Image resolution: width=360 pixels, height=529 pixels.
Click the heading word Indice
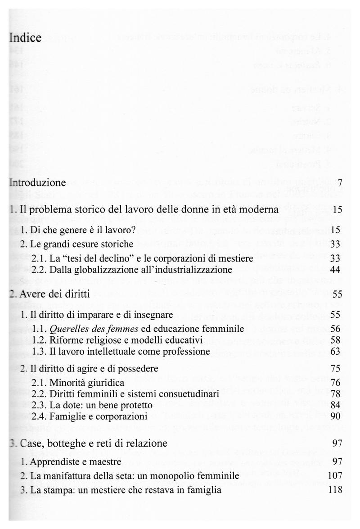pyautogui.click(x=25, y=38)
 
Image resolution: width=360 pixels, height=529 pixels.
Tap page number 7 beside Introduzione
pyautogui.click(x=340, y=183)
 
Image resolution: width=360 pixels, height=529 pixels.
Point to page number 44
pyautogui.click(x=335, y=270)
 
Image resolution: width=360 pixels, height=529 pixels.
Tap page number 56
pyautogui.click(x=335, y=328)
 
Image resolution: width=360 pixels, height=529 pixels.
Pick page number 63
pyautogui.click(x=335, y=350)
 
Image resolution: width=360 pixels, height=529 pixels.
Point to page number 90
pyautogui.click(x=335, y=416)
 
